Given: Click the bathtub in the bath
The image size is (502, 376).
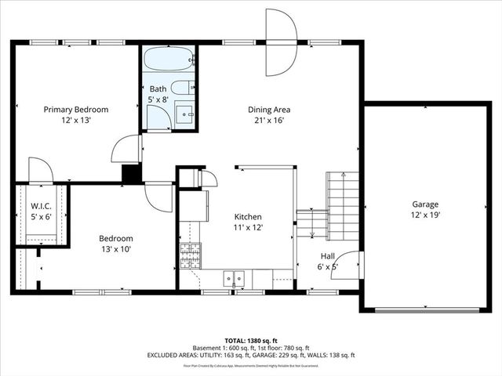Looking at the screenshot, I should point(169,60).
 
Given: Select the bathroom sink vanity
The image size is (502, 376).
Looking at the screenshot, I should point(185,115).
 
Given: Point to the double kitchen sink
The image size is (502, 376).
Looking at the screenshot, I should point(234,277).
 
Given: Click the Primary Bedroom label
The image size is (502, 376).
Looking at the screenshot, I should point(75,110).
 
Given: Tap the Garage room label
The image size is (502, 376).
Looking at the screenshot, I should point(425,204).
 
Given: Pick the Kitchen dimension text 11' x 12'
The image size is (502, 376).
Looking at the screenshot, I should point(248,227).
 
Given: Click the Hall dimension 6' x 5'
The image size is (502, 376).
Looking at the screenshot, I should point(329,267).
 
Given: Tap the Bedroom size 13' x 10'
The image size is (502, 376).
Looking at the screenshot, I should point(115,249).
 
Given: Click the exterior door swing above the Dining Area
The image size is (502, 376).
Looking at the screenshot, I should point(281,42).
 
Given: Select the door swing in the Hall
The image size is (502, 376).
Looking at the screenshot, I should point(350,265).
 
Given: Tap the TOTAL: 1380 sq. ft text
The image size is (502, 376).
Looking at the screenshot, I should point(251,341).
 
